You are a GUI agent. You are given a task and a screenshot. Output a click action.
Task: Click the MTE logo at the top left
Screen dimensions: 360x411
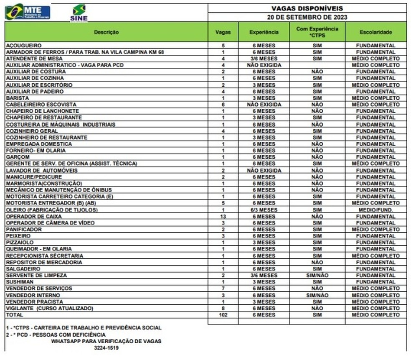coord(28,12)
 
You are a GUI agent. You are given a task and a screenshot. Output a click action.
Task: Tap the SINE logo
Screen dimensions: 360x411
coord(79,13)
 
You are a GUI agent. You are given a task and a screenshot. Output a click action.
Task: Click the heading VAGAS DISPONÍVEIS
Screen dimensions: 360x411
coord(307,8)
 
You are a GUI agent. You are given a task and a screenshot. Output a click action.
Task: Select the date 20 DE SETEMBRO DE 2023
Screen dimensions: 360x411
coord(307,18)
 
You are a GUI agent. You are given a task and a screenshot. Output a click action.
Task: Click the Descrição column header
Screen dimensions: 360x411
coord(106,32)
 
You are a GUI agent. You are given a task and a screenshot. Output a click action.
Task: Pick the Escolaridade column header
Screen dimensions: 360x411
coord(375,32)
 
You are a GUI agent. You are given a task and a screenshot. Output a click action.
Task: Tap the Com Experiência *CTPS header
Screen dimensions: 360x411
coord(317,32)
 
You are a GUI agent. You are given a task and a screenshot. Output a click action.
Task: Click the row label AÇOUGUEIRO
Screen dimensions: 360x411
coord(24,46)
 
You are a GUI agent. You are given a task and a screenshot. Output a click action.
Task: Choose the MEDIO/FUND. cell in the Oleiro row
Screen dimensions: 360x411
coord(375,210)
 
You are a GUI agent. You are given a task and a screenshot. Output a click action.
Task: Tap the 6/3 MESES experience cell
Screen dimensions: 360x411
coord(264,210)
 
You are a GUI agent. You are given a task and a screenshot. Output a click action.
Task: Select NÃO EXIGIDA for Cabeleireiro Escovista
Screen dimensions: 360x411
coord(264,105)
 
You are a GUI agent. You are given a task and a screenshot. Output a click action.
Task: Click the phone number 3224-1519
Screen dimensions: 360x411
coord(106,348)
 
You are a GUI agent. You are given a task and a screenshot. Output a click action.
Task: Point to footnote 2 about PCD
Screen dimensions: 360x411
coord(56,335)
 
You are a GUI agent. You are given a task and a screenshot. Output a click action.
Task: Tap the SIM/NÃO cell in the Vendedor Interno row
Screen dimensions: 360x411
coord(317,295)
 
